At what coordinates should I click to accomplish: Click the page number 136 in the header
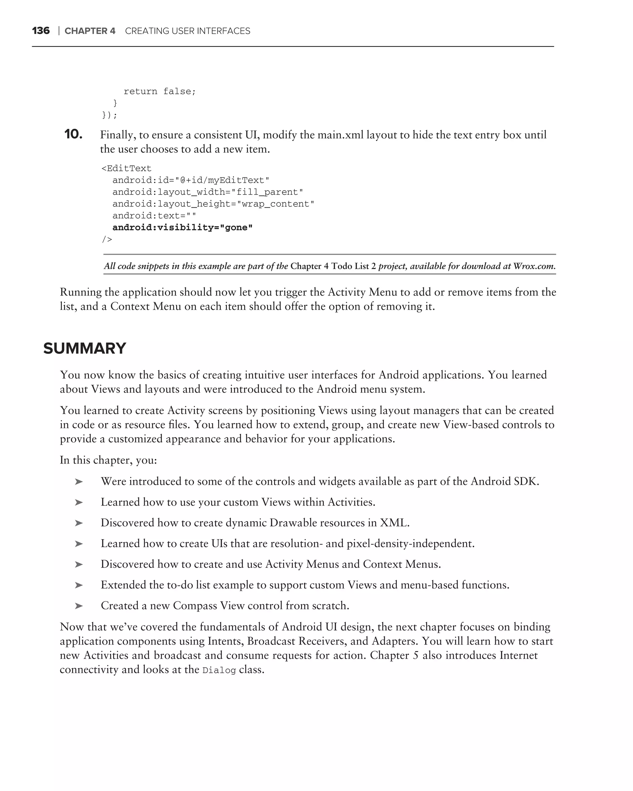point(41,31)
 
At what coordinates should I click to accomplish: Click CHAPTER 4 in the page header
point(90,31)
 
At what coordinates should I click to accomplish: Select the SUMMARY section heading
point(84,348)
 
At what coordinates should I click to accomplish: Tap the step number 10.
point(73,134)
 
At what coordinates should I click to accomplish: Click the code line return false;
point(159,91)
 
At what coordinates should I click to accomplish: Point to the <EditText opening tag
point(126,168)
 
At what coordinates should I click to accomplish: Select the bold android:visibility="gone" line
point(182,227)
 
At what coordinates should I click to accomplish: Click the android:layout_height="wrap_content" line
point(213,204)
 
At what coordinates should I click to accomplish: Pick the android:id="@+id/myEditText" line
point(191,180)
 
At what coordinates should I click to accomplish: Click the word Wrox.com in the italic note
point(534,266)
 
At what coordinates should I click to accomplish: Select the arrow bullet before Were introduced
point(79,482)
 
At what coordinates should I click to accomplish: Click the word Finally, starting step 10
point(118,135)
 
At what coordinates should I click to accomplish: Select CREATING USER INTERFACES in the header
point(188,31)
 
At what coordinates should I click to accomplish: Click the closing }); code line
point(109,115)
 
